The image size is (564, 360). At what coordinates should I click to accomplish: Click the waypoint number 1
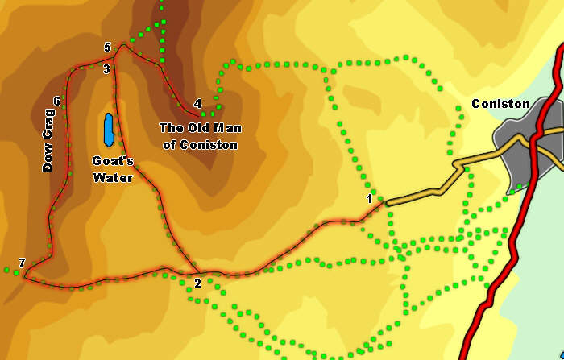pos(369,198)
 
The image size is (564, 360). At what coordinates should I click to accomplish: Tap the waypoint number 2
pos(197,283)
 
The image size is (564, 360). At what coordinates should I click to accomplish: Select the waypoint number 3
pos(106,69)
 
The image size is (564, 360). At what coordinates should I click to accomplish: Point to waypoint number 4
pos(197,103)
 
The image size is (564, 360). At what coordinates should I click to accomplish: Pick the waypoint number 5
pos(107,48)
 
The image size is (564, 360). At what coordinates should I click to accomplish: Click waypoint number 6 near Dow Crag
pos(56,101)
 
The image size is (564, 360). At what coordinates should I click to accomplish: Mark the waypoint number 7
pos(22,263)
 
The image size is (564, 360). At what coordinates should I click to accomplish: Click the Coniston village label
pos(500,104)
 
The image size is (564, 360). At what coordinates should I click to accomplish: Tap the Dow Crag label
pos(48,142)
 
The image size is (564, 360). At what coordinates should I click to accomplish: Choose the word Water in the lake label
pos(112,177)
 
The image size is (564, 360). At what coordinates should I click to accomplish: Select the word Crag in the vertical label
pos(48,129)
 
